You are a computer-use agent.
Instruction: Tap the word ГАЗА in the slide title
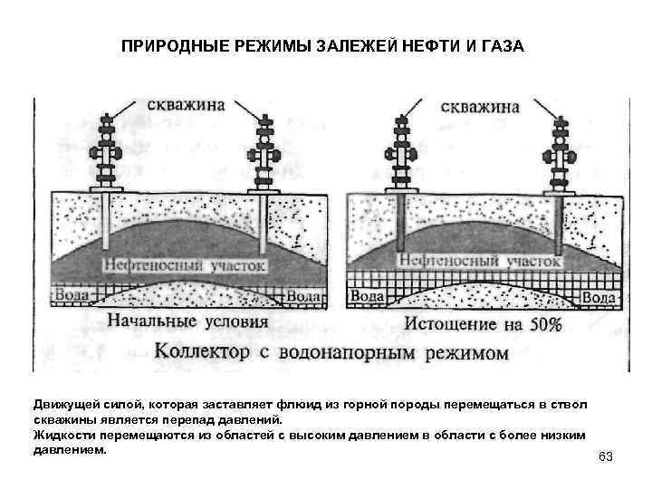pos(500,45)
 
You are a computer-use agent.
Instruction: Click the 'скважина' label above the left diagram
pos(180,106)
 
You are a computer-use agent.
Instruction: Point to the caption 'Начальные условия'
pos(187,321)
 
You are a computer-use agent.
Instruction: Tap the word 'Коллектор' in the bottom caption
pos(202,350)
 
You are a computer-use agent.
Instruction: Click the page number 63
pos(606,456)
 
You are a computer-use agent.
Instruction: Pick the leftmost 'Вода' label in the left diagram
pos(72,295)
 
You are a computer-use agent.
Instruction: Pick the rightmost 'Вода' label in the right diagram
pos(599,296)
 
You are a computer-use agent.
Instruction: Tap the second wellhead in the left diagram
pos(264,154)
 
